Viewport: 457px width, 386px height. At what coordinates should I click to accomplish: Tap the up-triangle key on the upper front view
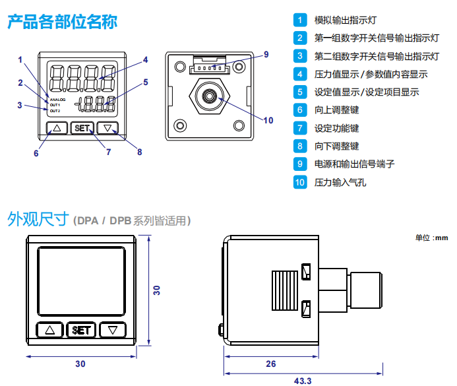[x=57, y=129]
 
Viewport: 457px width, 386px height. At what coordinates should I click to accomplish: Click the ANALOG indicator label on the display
[x=57, y=99]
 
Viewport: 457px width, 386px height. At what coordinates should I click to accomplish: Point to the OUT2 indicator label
[x=55, y=110]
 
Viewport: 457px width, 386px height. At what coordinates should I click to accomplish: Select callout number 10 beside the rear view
[x=268, y=120]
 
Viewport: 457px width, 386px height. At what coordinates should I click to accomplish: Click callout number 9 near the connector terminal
[x=266, y=54]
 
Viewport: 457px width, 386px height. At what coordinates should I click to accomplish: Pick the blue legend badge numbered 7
[x=300, y=128]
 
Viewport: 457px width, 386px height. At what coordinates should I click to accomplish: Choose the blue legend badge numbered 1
[x=300, y=20]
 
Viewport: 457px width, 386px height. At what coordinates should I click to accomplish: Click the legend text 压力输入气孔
[x=340, y=182]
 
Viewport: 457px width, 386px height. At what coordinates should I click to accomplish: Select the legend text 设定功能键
[x=336, y=128]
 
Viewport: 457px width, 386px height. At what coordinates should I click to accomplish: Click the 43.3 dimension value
[x=302, y=381]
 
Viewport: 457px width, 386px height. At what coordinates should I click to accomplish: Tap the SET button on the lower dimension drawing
[x=82, y=330]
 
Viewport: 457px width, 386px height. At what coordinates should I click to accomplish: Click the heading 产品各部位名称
[x=62, y=22]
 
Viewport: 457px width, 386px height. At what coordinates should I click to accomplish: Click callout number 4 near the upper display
[x=145, y=59]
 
